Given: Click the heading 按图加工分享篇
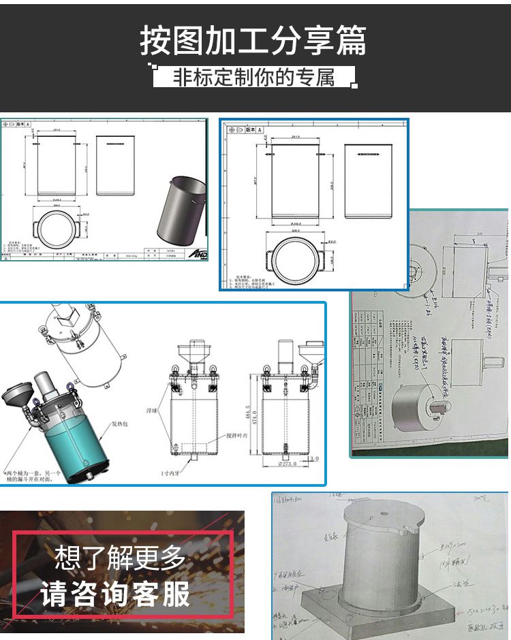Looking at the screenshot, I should coord(253,40).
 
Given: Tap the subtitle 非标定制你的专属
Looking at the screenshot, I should coord(253,77).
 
